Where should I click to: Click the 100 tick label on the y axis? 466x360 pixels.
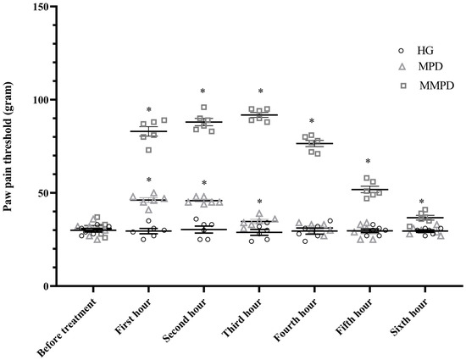[x=40, y=100]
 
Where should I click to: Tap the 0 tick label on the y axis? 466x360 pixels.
[x=46, y=286]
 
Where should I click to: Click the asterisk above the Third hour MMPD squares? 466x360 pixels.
[x=260, y=92]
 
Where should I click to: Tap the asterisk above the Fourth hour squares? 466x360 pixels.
[x=313, y=122]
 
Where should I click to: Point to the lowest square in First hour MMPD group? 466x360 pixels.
[x=149, y=150]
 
